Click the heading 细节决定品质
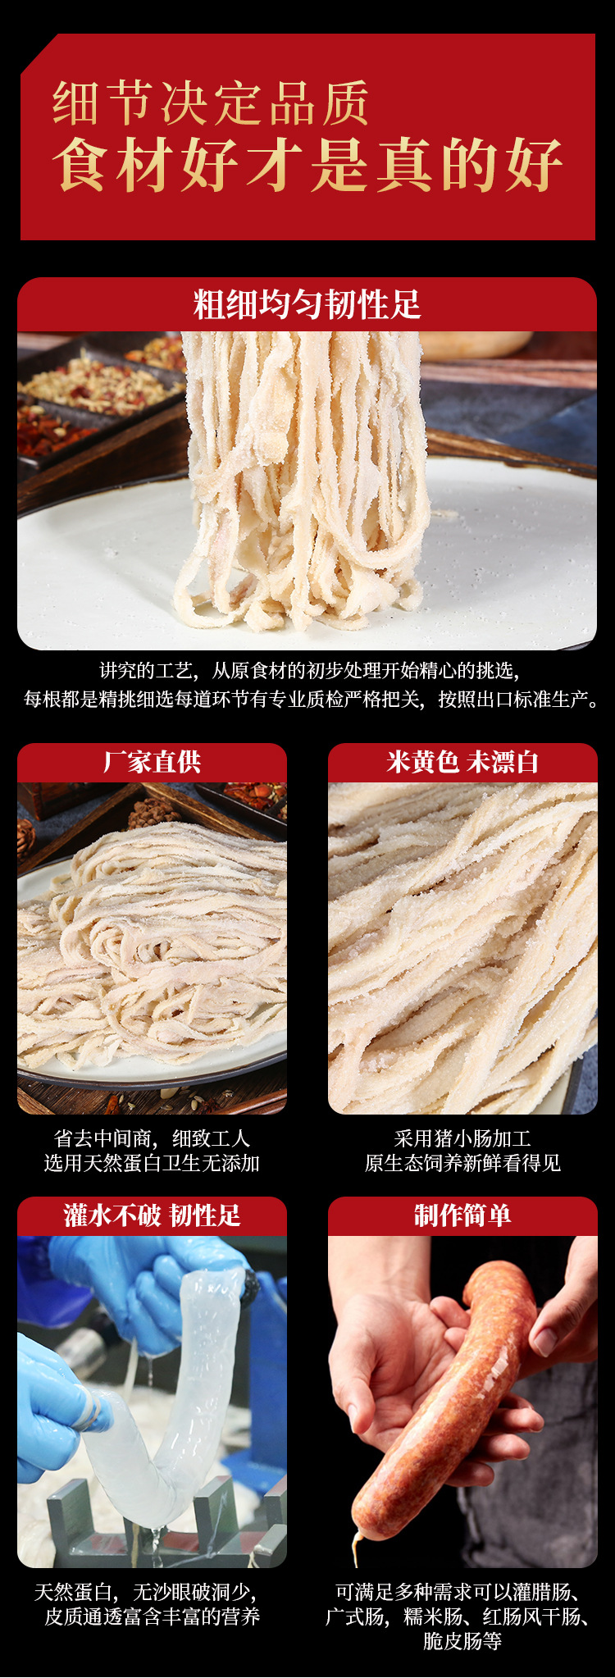coord(211,103)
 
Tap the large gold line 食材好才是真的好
coord(307,165)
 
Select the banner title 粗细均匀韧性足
coord(307,304)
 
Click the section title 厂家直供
coord(152,762)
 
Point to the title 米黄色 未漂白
coord(462,762)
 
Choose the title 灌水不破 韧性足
coord(152,1215)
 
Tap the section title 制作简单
coord(462,1215)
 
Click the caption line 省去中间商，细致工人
coord(152,1138)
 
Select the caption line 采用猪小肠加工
coord(462,1138)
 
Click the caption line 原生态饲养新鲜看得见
coord(462,1163)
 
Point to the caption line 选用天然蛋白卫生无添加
coord(152,1163)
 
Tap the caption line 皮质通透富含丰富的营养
coord(152,1616)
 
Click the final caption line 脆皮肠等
coord(462,1641)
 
